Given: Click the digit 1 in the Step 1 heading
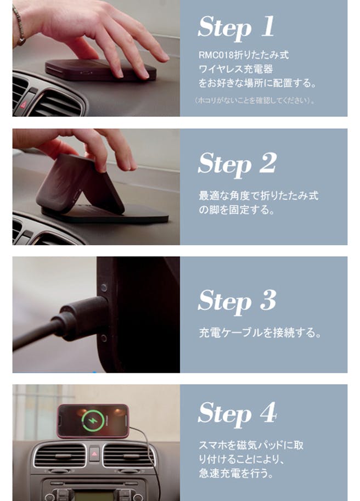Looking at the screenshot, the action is [x=268, y=26].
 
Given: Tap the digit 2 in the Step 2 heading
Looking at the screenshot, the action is [x=268, y=162].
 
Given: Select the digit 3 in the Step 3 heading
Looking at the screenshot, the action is [x=268, y=300].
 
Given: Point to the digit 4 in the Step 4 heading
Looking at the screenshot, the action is [x=268, y=412].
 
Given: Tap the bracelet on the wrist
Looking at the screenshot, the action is [x=19, y=26].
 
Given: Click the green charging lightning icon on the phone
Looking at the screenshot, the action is [x=93, y=421].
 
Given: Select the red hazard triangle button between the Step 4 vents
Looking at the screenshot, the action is [x=94, y=453].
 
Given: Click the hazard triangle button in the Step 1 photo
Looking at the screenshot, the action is [x=23, y=104].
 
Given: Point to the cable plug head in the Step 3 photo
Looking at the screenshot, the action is [x=85, y=318].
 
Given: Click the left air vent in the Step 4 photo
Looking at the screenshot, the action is [x=60, y=455].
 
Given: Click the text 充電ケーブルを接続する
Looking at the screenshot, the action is [x=260, y=333].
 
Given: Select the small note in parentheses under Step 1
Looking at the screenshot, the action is [x=255, y=100].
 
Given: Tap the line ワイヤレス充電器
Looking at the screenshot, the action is [x=236, y=69].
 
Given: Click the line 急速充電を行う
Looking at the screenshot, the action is [x=236, y=473].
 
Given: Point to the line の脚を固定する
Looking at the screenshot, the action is [x=237, y=210].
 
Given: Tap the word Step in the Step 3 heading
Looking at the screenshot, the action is [x=225, y=301].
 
